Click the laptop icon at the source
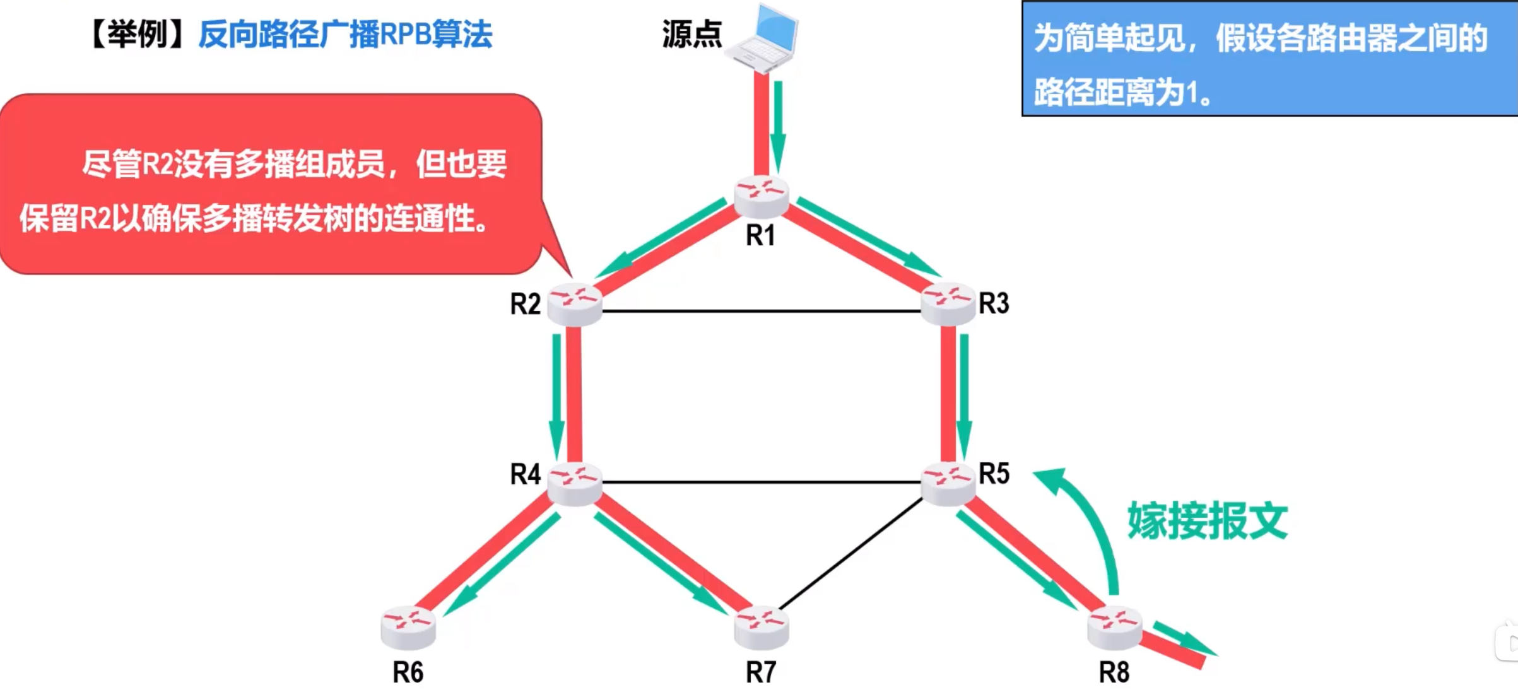[x=763, y=38]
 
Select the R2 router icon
[x=574, y=304]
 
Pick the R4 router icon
[x=574, y=484]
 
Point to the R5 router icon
[x=948, y=484]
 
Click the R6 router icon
[x=408, y=627]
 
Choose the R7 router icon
[x=762, y=627]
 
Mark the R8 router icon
[x=1115, y=627]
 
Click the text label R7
[x=761, y=672]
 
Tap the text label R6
[x=408, y=672]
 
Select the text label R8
[x=1114, y=672]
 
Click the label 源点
[x=691, y=34]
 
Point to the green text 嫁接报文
[x=1208, y=521]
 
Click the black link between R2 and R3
[x=761, y=311]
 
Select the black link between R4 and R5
[x=761, y=482]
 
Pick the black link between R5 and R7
[x=852, y=554]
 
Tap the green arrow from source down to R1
[x=779, y=126]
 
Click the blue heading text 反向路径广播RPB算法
[x=345, y=34]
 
